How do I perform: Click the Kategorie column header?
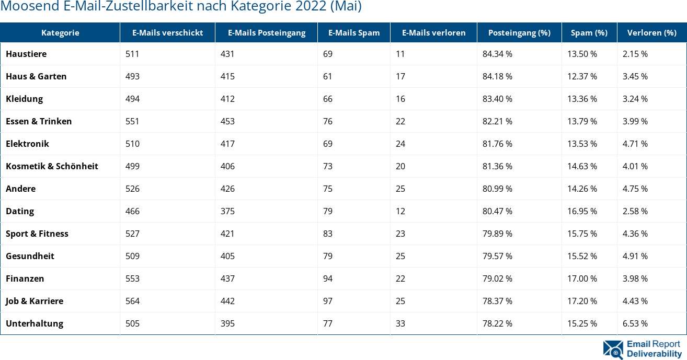(60, 32)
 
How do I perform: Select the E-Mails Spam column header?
(354, 32)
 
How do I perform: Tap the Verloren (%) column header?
(651, 32)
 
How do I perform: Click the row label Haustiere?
(26, 54)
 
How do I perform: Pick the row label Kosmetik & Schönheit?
(52, 166)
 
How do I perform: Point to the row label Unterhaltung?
(35, 323)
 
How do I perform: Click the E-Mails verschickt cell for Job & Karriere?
(133, 301)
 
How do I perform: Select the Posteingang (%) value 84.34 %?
(497, 54)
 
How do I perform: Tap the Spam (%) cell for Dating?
(582, 211)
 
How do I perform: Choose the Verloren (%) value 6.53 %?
(635, 323)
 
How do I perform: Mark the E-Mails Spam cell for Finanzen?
(328, 278)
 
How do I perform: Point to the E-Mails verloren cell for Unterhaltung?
(400, 323)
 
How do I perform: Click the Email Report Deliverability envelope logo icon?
(613, 350)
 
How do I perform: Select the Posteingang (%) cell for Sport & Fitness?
(497, 234)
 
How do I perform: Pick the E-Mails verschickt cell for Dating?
(133, 211)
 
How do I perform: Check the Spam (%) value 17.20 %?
(582, 301)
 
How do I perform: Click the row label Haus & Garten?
(36, 76)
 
